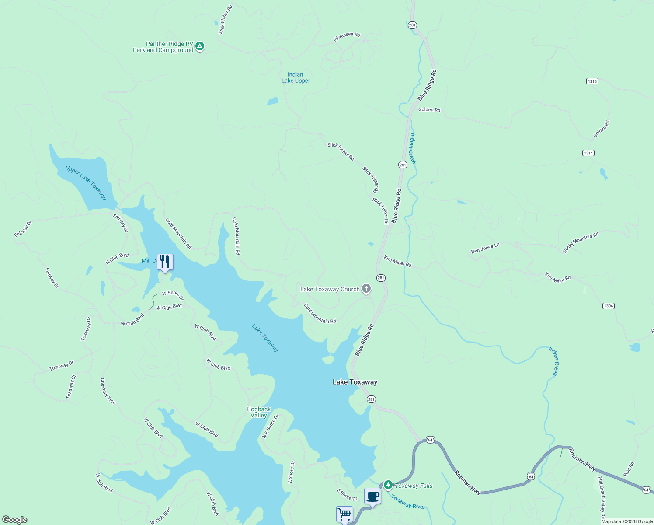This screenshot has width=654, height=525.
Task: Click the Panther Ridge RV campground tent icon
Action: [x=200, y=46]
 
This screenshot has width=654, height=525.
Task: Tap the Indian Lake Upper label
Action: [x=296, y=77]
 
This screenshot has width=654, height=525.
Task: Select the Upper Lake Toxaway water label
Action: [x=86, y=182]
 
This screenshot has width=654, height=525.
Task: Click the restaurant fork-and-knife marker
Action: [x=165, y=262]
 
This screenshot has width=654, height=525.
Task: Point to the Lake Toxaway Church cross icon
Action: [x=366, y=289]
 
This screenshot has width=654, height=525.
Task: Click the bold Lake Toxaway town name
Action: [x=355, y=382]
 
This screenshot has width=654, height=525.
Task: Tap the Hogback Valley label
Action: [x=259, y=412]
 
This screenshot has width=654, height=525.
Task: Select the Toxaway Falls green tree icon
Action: [x=388, y=485]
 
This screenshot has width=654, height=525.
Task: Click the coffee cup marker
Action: [x=372, y=496]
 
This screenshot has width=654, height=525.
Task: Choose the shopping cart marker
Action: [x=344, y=514]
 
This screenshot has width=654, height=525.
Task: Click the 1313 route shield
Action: [x=592, y=81]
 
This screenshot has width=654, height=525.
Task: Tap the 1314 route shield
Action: [x=588, y=153]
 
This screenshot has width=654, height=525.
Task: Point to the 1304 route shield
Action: [x=609, y=306]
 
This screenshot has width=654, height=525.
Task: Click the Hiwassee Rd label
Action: [x=347, y=37]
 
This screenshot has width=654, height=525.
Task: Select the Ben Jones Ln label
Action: [x=485, y=248]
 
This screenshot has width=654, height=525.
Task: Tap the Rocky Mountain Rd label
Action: [x=581, y=242]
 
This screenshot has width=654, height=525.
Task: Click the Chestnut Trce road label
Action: [x=108, y=391]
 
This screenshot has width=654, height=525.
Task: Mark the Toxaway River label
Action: [x=408, y=502]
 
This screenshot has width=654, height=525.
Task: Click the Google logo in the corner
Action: [x=15, y=519]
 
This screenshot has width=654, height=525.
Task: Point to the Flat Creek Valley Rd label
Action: [x=602, y=494]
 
